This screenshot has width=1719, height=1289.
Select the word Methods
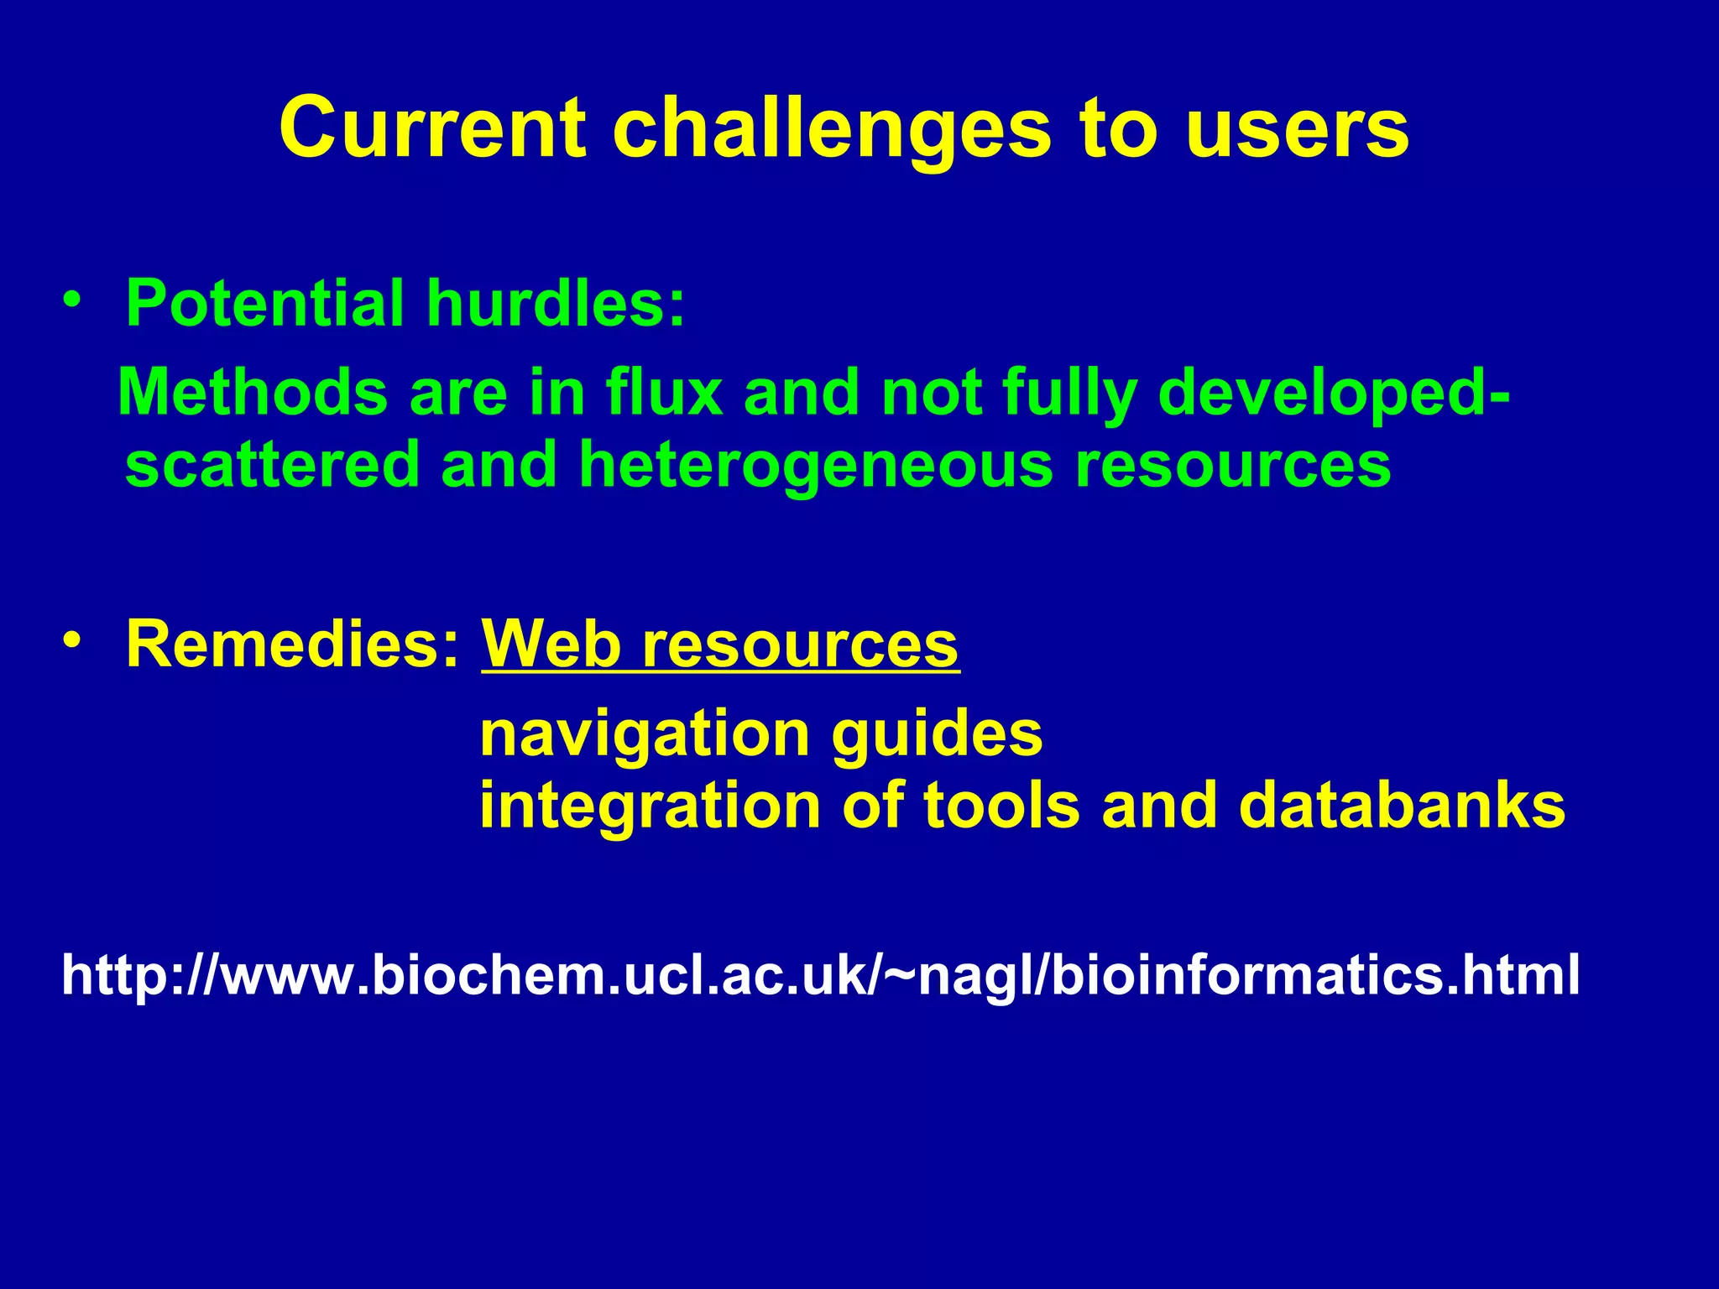click(x=253, y=393)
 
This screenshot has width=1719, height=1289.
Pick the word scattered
click(x=272, y=465)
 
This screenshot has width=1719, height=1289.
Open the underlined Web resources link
click(x=719, y=644)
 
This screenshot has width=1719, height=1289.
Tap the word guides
click(x=938, y=734)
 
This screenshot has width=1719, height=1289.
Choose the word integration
click(x=650, y=806)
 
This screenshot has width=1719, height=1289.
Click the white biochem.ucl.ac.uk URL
click(x=820, y=975)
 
